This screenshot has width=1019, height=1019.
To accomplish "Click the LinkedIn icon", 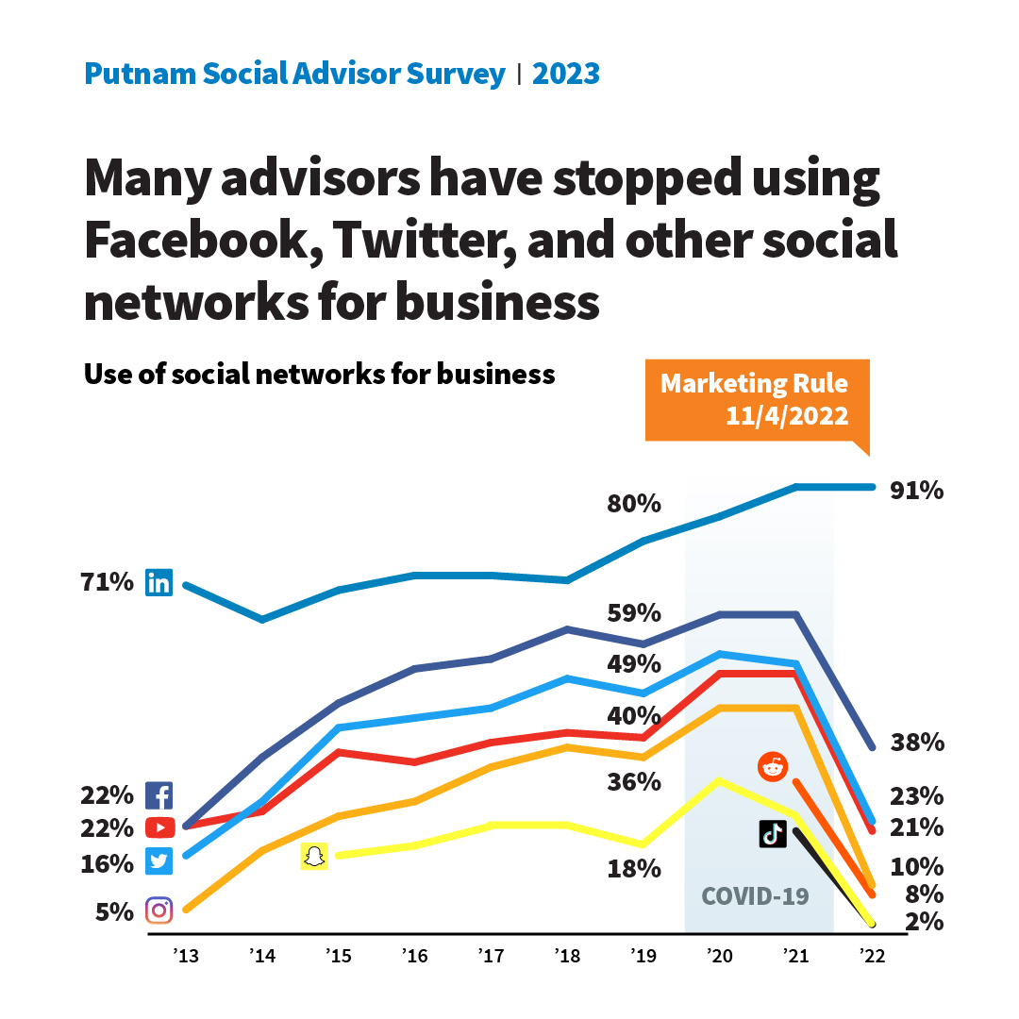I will (159, 583).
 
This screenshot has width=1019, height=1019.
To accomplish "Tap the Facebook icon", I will (159, 795).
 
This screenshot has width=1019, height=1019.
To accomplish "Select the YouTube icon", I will (159, 827).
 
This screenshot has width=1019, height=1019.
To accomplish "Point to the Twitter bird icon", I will (159, 861).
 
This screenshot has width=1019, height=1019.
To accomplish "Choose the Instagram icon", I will (159, 910).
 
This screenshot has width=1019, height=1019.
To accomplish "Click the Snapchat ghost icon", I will (314, 856).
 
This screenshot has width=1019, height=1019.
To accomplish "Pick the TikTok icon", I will (773, 833).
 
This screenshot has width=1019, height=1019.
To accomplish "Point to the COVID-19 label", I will (755, 895).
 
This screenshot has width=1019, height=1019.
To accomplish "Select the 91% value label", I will (917, 491).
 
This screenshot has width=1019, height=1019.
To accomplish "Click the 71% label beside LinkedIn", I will (108, 583).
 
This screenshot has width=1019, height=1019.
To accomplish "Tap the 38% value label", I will (917, 743).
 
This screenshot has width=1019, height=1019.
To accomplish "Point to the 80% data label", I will (633, 504).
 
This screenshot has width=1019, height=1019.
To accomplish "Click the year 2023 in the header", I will (566, 74).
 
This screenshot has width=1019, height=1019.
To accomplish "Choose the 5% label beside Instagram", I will (113, 911).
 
